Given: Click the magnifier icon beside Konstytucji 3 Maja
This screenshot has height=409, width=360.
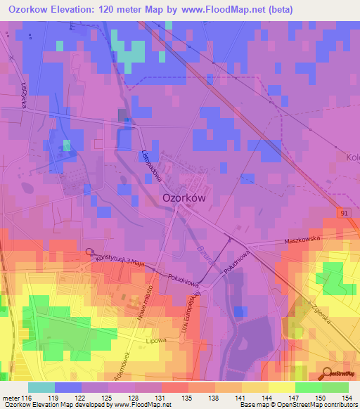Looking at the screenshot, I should (89, 252).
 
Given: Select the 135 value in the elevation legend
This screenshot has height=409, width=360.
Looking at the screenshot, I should (187, 398).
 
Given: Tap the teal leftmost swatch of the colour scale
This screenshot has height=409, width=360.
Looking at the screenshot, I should (41, 387).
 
